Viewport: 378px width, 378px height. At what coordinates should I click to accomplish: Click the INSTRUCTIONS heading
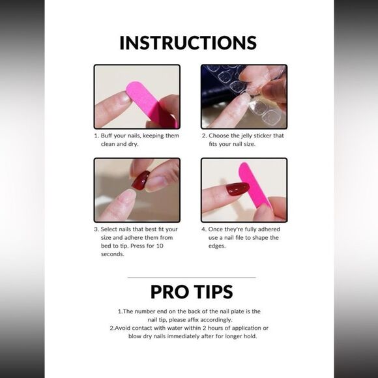pyautogui.click(x=188, y=43)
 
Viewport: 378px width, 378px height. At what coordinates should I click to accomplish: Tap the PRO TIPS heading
pyautogui.click(x=192, y=292)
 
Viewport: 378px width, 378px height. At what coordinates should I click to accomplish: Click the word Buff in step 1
pyautogui.click(x=106, y=136)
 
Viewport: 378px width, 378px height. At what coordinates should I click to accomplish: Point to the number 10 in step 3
pyautogui.click(x=160, y=246)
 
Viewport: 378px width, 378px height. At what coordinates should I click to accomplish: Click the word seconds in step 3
pyautogui.click(x=113, y=254)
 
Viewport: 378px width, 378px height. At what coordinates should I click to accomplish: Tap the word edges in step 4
pyautogui.click(x=217, y=246)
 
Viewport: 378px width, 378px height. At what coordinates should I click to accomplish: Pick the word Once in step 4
pyautogui.click(x=216, y=229)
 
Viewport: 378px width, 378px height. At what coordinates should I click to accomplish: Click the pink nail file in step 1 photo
pyautogui.click(x=152, y=104)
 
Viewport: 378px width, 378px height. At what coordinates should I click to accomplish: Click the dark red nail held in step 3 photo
pyautogui.click(x=141, y=180)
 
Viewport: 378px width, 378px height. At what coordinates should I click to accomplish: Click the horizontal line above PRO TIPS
pyautogui.click(x=192, y=278)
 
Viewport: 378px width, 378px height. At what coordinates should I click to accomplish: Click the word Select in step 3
pyautogui.click(x=108, y=229)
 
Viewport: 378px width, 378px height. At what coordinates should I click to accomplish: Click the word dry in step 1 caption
pyautogui.click(x=134, y=145)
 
